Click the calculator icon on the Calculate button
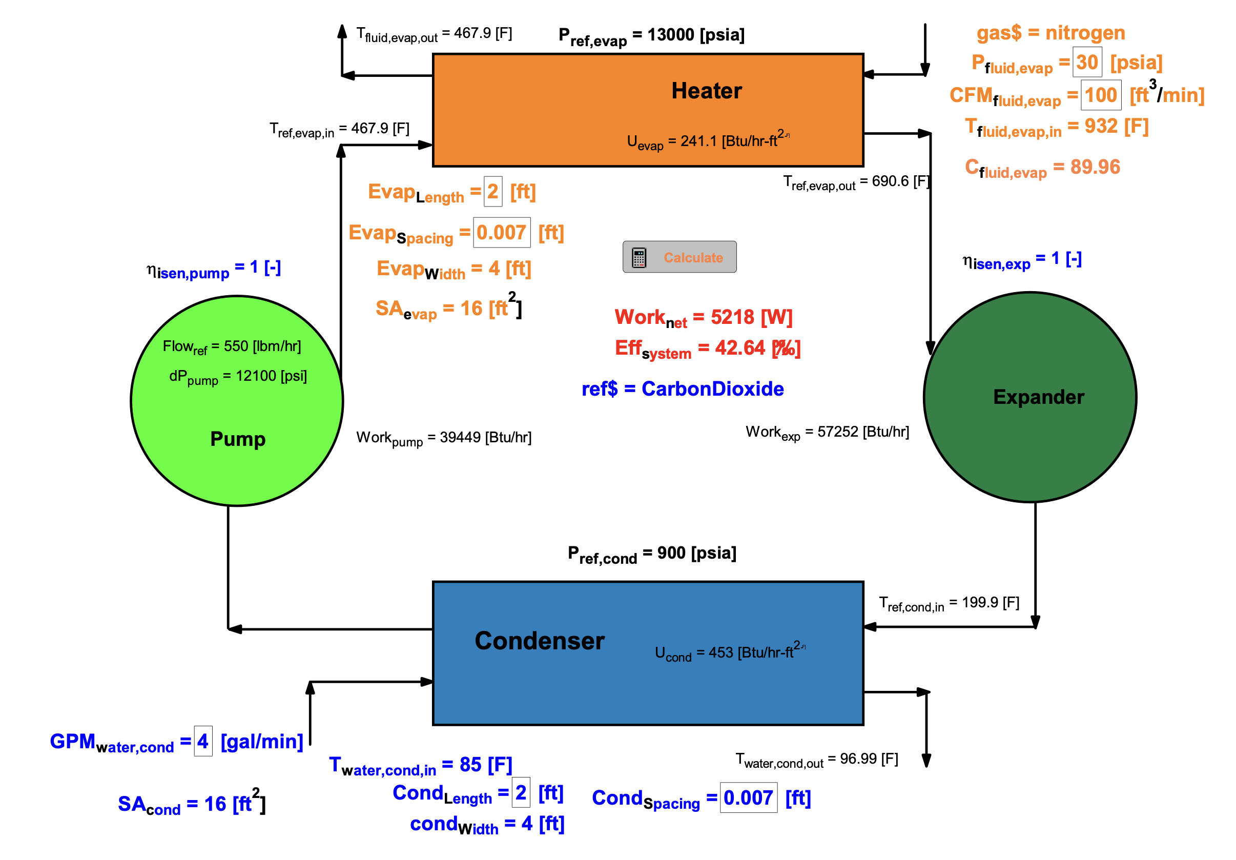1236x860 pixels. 639,257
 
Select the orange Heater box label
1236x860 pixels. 706,91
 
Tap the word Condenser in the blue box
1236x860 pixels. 540,641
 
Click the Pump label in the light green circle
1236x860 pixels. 237,439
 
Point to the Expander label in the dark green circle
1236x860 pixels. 1038,397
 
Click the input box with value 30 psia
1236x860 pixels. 1087,62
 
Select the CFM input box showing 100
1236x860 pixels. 1100,95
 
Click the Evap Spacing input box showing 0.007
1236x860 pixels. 501,233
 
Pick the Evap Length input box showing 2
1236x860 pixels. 492,191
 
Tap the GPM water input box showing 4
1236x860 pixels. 203,742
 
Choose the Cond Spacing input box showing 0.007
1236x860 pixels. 748,797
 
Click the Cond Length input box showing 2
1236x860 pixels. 521,793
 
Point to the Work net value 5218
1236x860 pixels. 733,317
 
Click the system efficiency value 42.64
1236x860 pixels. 739,348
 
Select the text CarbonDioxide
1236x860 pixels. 712,389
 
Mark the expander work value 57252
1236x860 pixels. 838,432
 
